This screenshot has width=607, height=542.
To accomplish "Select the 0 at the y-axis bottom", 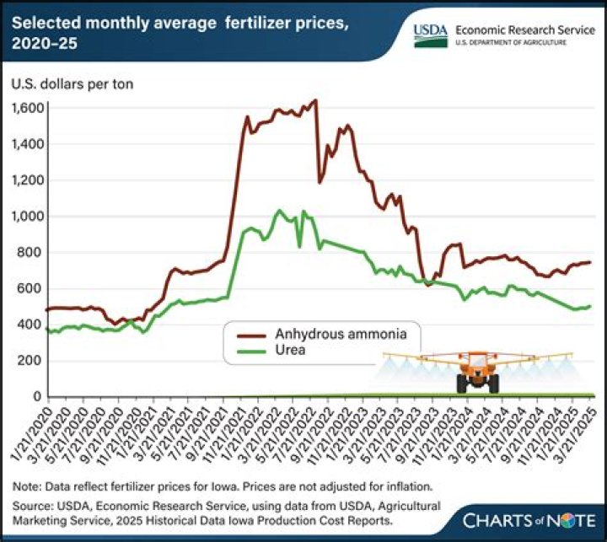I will click(37, 396).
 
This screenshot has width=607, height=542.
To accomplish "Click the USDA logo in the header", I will click(430, 34).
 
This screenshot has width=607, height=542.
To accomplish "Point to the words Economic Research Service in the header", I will click(524, 28).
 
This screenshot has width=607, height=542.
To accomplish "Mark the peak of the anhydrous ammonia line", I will click(315, 100).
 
